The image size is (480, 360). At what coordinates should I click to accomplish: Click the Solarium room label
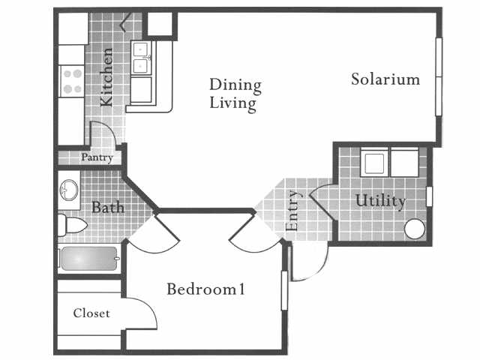(385, 79)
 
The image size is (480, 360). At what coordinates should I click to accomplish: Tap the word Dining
(235, 84)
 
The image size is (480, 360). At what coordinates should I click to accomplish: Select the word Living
(232, 103)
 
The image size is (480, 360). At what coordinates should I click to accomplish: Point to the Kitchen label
(107, 76)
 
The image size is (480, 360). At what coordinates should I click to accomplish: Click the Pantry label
(97, 157)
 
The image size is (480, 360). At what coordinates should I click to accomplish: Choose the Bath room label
(108, 207)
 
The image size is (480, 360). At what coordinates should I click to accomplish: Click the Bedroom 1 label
(206, 289)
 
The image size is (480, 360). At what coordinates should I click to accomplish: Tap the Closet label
(91, 313)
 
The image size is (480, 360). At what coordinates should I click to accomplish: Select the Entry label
(293, 211)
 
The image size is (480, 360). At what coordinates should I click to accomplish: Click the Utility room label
(380, 201)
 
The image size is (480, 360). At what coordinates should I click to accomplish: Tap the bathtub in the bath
(88, 258)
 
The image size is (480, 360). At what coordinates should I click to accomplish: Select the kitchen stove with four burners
(71, 81)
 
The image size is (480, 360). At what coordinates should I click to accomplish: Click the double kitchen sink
(142, 58)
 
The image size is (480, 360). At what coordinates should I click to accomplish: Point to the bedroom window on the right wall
(284, 289)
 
